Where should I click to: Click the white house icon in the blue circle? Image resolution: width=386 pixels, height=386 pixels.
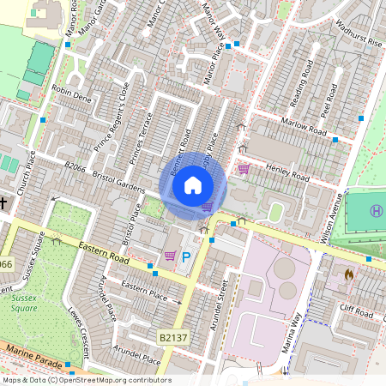click(x=193, y=185)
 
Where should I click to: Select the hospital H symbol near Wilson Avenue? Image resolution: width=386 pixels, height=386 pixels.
click(x=376, y=211)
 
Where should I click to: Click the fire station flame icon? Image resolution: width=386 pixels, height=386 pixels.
click(x=348, y=274)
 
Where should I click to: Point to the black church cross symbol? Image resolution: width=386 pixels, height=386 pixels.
click(x=3, y=203)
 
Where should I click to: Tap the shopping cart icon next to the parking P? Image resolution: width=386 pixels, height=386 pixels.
click(x=170, y=256)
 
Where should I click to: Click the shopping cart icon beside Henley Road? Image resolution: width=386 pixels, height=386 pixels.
click(x=244, y=169)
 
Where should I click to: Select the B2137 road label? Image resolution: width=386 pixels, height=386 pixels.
click(x=172, y=340)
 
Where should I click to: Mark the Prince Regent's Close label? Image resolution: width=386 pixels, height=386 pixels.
click(x=112, y=112)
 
